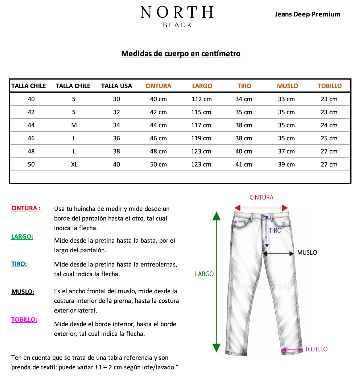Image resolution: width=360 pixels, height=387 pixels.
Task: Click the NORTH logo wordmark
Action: [177, 13]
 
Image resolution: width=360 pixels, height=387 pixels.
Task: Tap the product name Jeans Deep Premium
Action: [307, 14]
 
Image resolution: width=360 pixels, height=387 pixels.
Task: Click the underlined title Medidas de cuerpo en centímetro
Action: [181, 54]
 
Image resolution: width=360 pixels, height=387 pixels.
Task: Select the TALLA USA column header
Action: [117, 86]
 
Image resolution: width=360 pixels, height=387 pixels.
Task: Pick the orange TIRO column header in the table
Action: [244, 86]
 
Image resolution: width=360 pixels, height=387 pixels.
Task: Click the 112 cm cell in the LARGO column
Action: [201, 99]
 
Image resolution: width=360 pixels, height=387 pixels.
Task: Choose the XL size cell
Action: [74, 165]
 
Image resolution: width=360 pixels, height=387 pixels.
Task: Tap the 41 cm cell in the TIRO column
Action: [244, 165]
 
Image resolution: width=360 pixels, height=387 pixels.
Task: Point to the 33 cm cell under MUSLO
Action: [286, 99]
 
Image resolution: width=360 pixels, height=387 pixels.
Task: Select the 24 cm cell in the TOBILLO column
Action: [329, 125]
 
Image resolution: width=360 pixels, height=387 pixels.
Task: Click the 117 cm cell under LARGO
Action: [201, 125]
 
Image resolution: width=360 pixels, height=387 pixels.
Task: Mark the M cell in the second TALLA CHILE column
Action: [74, 125]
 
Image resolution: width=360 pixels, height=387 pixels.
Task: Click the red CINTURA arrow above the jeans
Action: [261, 208]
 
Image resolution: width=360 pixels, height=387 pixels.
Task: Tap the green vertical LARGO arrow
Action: [216, 281]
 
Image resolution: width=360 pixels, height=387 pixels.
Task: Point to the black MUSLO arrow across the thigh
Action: [278, 253]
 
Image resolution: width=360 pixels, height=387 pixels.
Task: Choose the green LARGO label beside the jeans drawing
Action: [204, 274]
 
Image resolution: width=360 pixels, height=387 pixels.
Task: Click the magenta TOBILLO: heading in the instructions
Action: [24, 320]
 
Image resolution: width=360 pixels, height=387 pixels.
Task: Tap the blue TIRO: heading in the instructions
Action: [19, 264]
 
